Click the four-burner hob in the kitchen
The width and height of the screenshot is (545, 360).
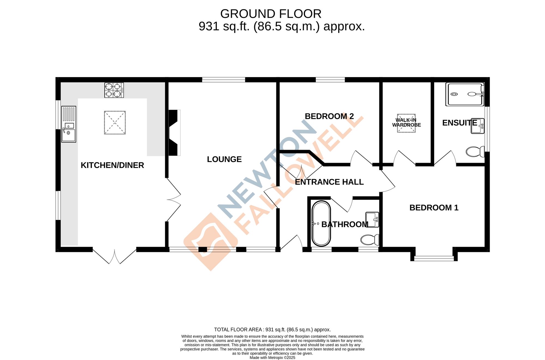point(114,90)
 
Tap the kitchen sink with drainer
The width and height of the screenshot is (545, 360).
point(69,124)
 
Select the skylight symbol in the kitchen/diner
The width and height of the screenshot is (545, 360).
point(115,123)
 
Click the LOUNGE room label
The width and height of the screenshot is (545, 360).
point(224,159)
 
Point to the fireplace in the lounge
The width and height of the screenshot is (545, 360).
point(174,133)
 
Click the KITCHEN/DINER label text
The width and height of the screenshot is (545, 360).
point(112,165)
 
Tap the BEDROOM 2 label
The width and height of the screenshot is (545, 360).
point(329,116)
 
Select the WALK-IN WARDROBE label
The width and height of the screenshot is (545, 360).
point(406,123)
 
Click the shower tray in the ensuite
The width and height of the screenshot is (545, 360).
point(465,94)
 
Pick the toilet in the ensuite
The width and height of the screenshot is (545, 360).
point(475,152)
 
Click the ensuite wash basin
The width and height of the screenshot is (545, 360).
point(477,126)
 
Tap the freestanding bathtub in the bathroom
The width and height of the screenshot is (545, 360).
point(321,224)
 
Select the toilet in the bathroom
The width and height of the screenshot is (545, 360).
point(370,240)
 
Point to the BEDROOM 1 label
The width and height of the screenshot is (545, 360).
point(434,208)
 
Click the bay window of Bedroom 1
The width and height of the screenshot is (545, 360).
point(434,258)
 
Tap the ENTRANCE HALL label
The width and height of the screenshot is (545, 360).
point(329,182)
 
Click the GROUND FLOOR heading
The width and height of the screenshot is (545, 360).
point(271,14)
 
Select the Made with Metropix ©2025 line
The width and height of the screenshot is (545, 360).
point(272,358)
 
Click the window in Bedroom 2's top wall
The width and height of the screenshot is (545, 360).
point(330,80)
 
